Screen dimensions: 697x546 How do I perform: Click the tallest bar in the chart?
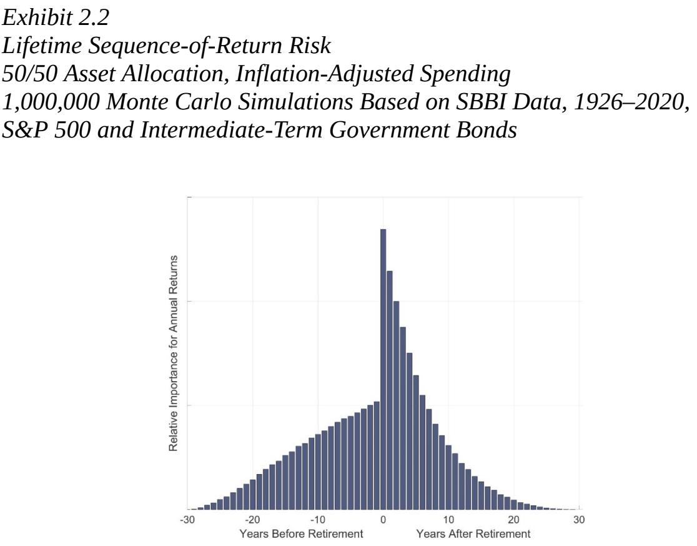383,369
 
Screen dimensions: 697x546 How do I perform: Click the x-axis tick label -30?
187,519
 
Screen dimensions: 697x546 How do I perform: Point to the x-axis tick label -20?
252,519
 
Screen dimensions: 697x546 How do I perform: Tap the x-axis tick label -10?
317,519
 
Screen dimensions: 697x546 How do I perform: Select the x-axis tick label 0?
383,519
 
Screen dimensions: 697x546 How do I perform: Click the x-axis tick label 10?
448,519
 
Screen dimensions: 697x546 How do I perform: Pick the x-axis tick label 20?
513,519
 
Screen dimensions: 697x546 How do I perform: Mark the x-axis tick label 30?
579,519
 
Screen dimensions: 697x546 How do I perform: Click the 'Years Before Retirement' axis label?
301,534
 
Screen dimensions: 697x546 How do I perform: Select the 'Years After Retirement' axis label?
473,534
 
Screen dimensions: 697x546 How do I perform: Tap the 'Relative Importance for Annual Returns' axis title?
174,353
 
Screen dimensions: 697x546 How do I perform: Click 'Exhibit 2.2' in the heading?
56,17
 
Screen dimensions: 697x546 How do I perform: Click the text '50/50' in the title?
29,74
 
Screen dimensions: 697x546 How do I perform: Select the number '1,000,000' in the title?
51,102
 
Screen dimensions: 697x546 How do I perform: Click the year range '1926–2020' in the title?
628,102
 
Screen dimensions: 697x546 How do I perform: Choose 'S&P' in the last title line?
25,130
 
